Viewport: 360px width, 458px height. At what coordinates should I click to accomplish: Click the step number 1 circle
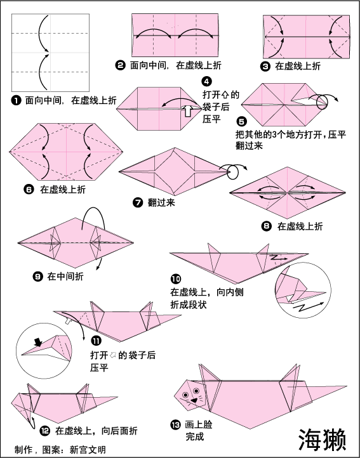(x=17, y=101)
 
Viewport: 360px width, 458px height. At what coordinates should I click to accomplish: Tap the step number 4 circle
(x=207, y=81)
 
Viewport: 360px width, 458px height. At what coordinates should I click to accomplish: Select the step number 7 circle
(x=138, y=202)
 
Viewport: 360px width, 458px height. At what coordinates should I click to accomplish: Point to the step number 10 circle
(x=176, y=279)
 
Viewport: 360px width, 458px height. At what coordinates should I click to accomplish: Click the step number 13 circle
(x=175, y=425)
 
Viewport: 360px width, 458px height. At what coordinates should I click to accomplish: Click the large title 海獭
(x=323, y=440)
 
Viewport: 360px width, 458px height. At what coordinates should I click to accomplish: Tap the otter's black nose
(x=194, y=400)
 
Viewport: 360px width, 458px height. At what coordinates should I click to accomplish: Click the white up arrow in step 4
(x=188, y=111)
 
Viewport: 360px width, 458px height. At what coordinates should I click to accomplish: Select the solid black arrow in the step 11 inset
(x=37, y=342)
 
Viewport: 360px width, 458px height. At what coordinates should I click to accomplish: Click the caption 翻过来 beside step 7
(x=161, y=202)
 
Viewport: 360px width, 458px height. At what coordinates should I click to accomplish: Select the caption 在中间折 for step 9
(x=65, y=276)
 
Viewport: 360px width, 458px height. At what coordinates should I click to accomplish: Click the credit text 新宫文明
(x=88, y=450)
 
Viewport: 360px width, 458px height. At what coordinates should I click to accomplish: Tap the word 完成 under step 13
(x=195, y=436)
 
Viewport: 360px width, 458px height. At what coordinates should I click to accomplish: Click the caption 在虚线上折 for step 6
(x=63, y=190)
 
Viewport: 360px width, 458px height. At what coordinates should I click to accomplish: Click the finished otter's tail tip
(x=346, y=386)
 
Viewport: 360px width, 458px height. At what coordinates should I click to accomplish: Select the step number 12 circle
(x=44, y=431)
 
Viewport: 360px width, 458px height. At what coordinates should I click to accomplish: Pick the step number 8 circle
(x=266, y=226)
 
